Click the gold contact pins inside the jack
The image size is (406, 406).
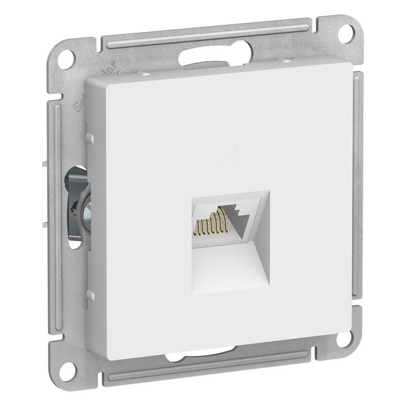pyautogui.click(x=212, y=222)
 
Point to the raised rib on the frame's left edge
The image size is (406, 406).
pyautogui.click(x=56, y=203)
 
